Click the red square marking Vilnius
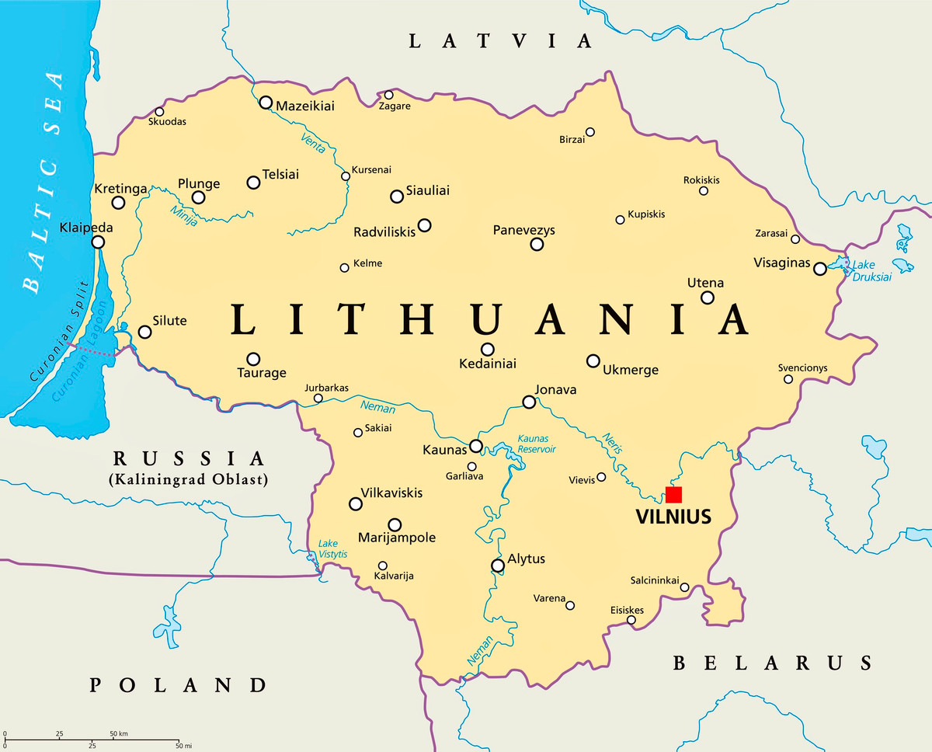[673, 495]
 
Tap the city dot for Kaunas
[476, 446]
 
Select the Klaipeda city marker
[98, 242]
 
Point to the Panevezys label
[523, 231]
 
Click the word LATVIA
[501, 41]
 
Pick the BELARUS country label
[771, 663]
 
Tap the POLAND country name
[178, 684]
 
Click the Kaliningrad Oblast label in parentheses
[189, 479]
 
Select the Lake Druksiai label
[871, 271]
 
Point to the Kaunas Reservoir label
[537, 444]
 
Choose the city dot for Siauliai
[397, 197]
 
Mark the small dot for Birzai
[590, 132]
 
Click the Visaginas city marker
[820, 269]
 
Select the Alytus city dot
[497, 566]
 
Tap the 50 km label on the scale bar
[118, 734]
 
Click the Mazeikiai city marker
[266, 103]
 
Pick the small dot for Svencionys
[788, 379]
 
